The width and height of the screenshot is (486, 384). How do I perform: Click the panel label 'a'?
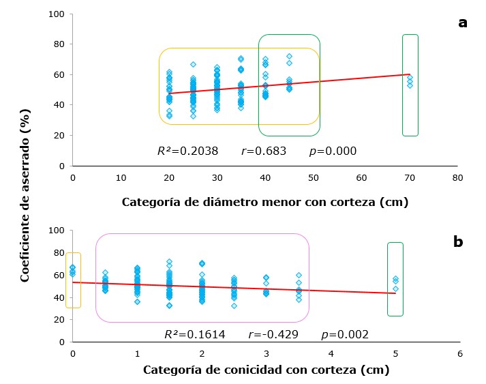[x=463, y=23]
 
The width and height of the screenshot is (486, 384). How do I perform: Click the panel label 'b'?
[x=458, y=241]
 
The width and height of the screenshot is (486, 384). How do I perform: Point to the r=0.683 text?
[x=264, y=151]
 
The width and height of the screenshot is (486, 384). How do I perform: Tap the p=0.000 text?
[x=334, y=151]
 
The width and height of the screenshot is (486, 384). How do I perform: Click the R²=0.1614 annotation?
[x=194, y=334]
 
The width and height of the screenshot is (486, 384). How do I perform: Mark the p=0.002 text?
[x=345, y=334]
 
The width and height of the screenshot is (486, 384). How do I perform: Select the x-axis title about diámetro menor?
[x=265, y=202]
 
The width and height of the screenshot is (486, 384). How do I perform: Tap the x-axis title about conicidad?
[x=266, y=370]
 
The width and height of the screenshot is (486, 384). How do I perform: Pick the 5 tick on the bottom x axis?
[x=395, y=353]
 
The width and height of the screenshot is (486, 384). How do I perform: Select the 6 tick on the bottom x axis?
[x=460, y=353]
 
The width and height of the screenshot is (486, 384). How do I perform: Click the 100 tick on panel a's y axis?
[x=57, y=14]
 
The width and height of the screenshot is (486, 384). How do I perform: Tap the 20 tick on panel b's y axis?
[x=60, y=319]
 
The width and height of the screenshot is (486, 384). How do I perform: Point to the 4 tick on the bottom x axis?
[x=331, y=353]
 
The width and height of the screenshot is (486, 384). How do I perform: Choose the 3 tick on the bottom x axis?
[x=267, y=353]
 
